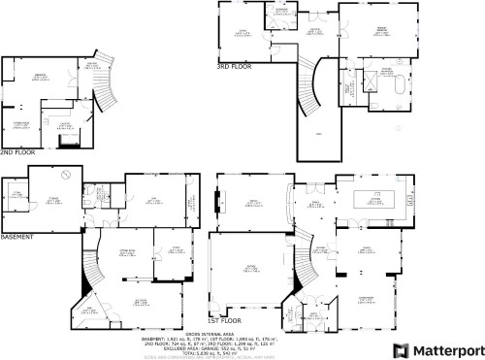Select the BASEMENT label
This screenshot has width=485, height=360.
point(17,237)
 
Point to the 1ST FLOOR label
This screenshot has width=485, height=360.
point(223,319)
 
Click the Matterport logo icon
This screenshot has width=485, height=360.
point(398,348)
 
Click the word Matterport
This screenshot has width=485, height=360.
point(444,348)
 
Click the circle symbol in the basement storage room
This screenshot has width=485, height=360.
point(65,175)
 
